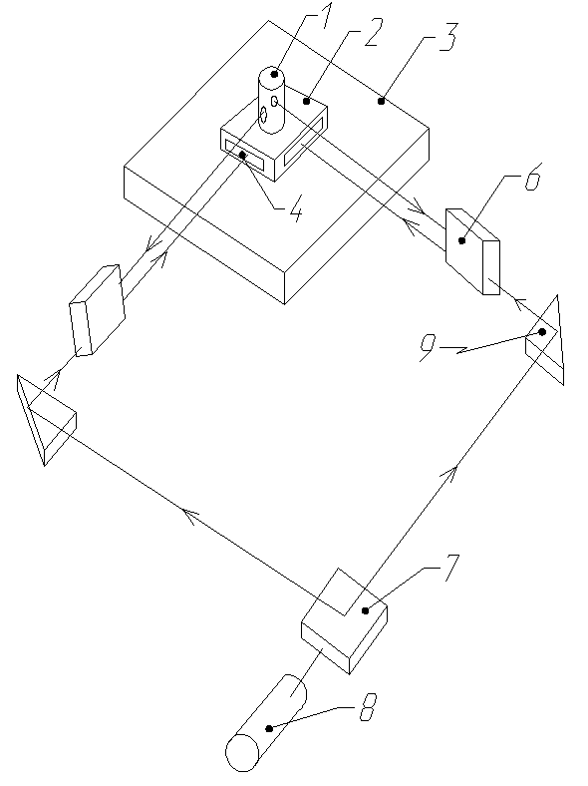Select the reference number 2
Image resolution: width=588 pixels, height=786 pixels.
point(372,34)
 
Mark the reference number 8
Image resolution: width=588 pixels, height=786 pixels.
point(368,708)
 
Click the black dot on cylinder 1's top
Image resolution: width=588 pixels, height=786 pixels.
point(274,74)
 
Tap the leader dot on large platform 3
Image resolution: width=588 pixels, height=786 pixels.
point(381,101)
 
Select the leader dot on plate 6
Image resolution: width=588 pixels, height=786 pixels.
point(461,240)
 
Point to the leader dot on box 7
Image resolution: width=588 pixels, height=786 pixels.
point(365,610)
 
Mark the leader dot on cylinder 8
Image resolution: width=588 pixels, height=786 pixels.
point(269,728)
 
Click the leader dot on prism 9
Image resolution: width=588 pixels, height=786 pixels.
point(542,332)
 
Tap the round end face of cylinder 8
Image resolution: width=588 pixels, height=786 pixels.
point(242,753)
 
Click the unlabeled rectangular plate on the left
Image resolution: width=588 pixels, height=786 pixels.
point(97,310)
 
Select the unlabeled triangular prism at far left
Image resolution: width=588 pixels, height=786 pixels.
point(44,419)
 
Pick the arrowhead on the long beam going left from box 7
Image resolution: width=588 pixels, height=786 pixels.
point(190,516)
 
